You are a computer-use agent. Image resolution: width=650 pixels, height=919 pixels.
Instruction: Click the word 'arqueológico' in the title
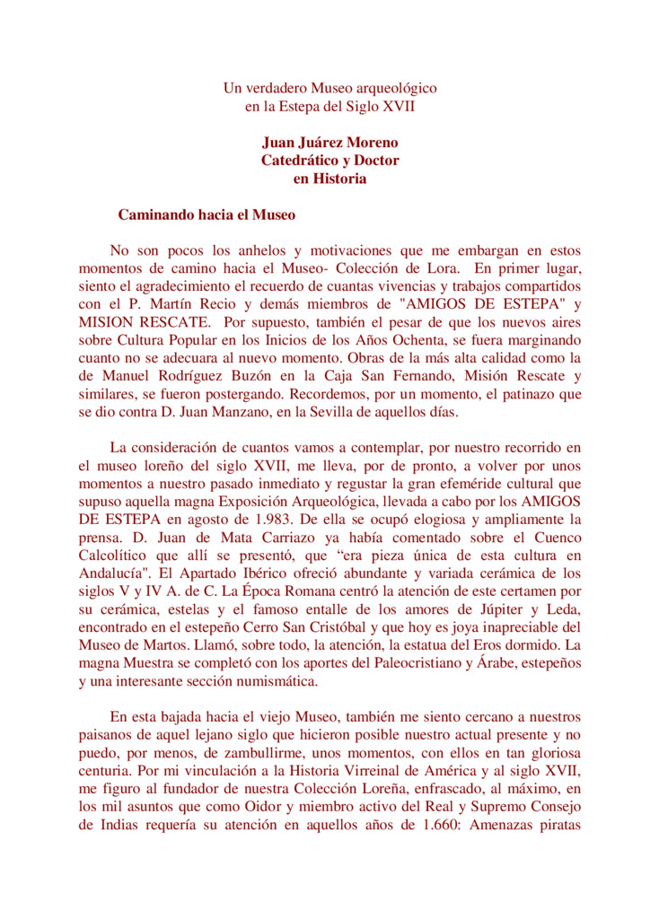tap(398, 88)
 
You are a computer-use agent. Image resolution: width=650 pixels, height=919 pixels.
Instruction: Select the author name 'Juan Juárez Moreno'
tap(329, 143)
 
